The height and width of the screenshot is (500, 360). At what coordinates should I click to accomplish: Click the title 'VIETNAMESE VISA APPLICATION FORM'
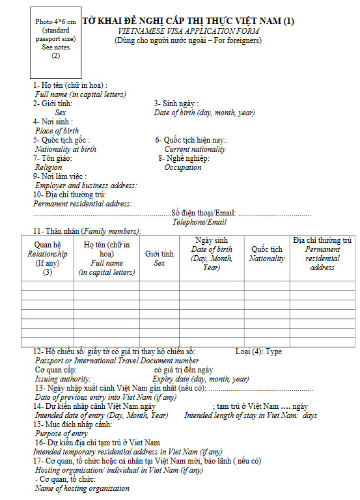pos(189,31)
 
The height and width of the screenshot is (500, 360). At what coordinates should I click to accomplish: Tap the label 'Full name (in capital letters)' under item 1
pos(81,94)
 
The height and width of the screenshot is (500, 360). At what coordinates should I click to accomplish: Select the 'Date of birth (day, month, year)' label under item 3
pos(204,113)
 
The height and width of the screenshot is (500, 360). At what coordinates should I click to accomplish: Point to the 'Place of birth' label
pos(57,131)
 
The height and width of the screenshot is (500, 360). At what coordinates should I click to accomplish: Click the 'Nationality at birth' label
pos(66,149)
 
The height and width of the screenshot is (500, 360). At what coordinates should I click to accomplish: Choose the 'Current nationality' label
pos(195,149)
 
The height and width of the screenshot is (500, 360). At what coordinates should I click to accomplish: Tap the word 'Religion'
pos(49,167)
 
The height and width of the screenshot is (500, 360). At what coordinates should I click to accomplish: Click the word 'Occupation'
pos(183,167)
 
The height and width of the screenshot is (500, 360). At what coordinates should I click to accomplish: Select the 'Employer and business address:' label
pos(86,186)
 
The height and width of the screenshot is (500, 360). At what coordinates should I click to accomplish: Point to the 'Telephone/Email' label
pos(199,222)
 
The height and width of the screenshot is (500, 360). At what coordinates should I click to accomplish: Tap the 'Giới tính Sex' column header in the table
pos(159,258)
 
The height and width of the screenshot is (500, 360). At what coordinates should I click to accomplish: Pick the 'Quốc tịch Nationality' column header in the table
pos(267,254)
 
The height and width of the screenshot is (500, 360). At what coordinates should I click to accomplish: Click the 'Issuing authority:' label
pos(63,378)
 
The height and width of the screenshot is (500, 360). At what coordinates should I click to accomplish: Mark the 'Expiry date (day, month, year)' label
pos(201,378)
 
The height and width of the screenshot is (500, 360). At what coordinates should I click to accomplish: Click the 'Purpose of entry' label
pos(61,434)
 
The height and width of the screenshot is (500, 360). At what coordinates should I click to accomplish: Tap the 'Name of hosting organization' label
pos(82,488)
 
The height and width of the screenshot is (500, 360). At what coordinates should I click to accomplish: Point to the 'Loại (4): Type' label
pos(258,352)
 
